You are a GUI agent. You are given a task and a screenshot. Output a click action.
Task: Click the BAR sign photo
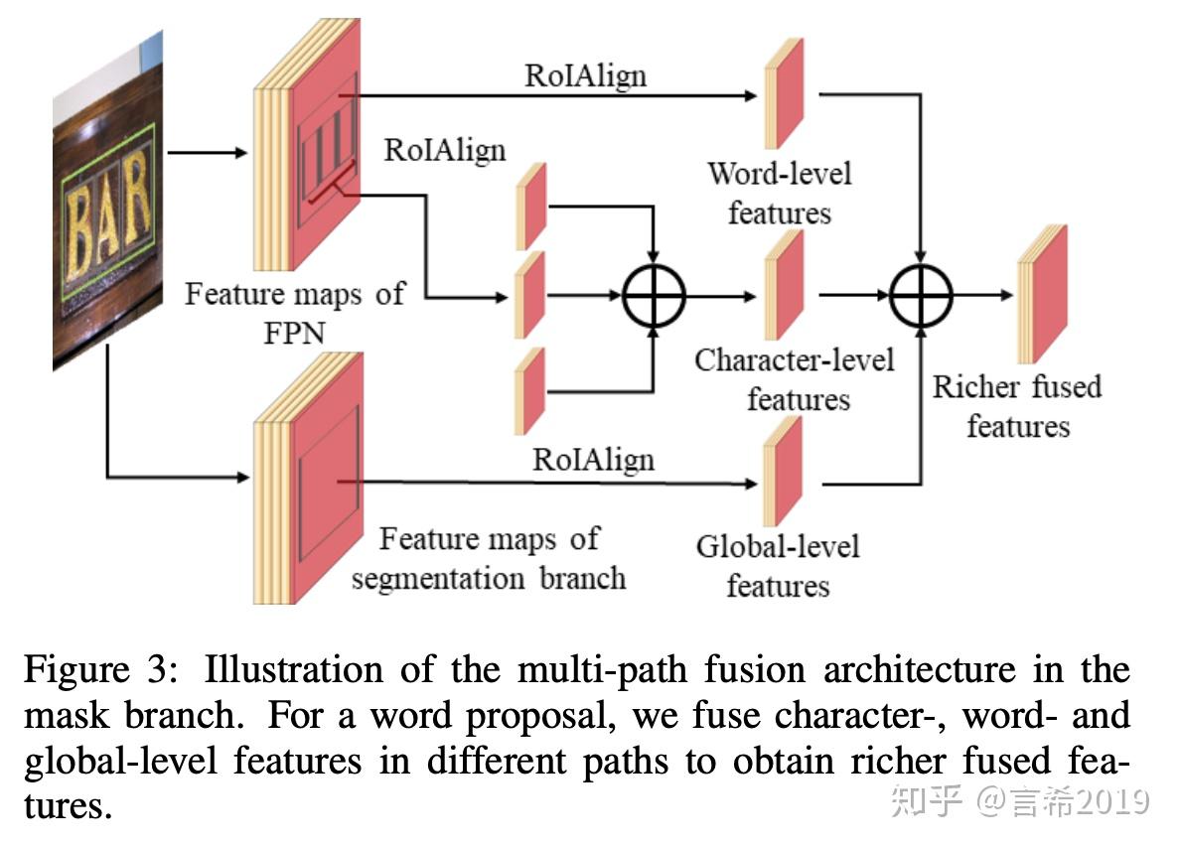point(107,202)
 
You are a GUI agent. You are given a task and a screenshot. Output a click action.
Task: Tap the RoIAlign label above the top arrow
point(585,76)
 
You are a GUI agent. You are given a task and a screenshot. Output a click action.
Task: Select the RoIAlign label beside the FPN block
point(445,151)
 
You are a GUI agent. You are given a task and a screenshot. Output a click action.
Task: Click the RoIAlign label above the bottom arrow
point(593,460)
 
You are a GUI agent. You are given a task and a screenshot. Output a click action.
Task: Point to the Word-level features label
point(780,193)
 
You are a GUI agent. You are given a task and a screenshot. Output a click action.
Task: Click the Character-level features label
point(795,379)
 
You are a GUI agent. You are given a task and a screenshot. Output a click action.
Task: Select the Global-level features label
point(778,566)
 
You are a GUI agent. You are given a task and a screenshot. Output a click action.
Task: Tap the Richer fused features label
point(1017,406)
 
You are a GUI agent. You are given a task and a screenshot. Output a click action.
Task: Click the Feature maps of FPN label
point(295,312)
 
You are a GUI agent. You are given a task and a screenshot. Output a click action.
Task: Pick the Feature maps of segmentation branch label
point(489,558)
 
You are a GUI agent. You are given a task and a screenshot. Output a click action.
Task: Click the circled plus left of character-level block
point(654,296)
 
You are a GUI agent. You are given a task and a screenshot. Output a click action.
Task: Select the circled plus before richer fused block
point(921,296)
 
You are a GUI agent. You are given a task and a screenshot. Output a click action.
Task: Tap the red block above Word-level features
point(784,93)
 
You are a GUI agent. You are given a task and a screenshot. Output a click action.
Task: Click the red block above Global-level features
point(783,471)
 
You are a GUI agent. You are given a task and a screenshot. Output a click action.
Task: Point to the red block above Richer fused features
point(1042,294)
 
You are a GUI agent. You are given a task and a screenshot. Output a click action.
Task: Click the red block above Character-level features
point(784,285)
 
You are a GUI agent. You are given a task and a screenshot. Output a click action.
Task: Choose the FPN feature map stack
point(307,144)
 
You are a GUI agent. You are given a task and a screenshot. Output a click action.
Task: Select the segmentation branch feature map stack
point(309,478)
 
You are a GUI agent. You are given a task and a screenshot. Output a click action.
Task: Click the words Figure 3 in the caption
point(101,669)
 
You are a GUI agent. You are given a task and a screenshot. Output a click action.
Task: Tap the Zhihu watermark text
point(1020,800)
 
